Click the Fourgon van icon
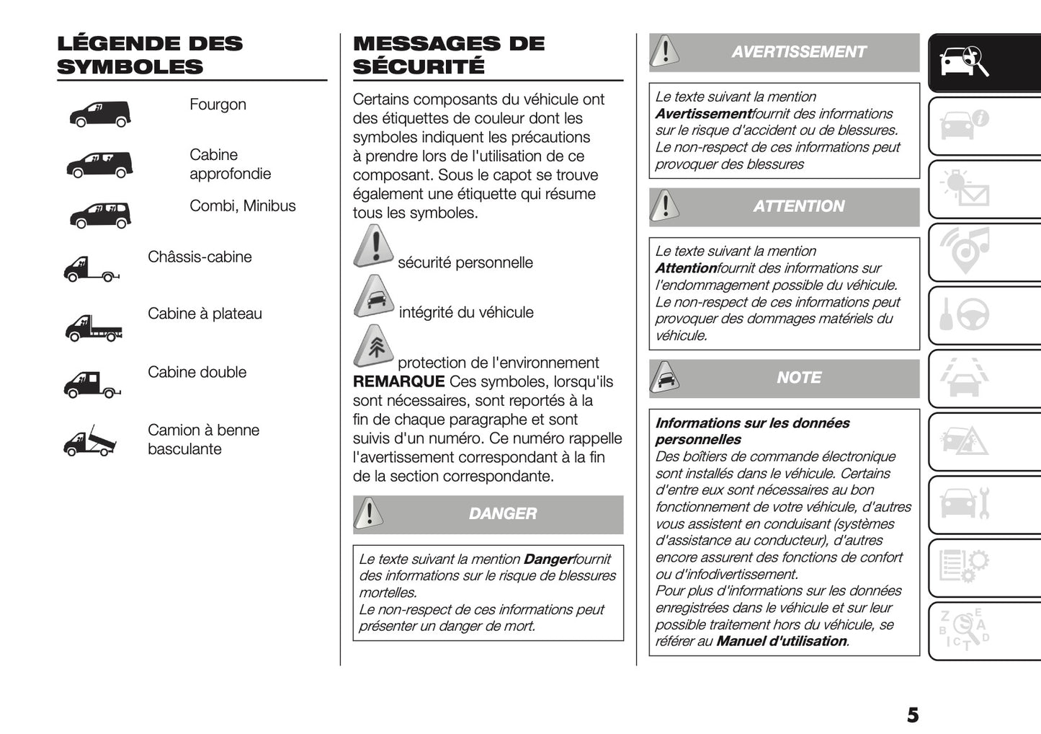(x=99, y=114)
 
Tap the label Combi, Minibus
(x=242, y=206)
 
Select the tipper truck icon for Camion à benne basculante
(x=90, y=441)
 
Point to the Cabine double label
(x=197, y=372)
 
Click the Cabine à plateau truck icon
(x=94, y=327)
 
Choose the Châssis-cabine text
(x=200, y=257)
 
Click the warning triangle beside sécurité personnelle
(x=373, y=247)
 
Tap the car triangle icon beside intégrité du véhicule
(x=374, y=296)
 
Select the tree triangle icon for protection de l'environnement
(x=374, y=346)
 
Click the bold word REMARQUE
(x=398, y=381)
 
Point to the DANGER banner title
(x=502, y=514)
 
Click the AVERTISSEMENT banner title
(x=798, y=52)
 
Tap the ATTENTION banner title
(x=798, y=206)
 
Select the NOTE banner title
(x=798, y=378)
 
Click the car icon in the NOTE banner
(x=665, y=378)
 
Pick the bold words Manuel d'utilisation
(x=781, y=641)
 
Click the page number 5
(x=912, y=715)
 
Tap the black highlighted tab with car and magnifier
(x=983, y=63)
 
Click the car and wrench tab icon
(x=966, y=503)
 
